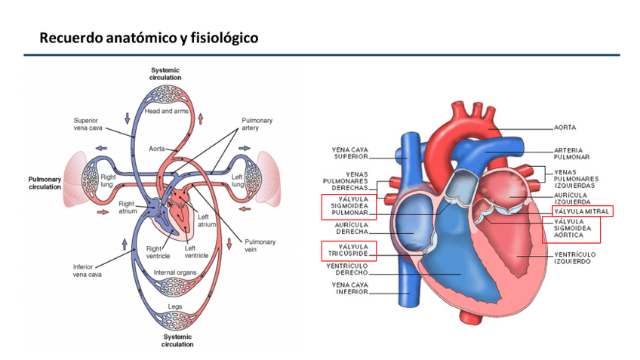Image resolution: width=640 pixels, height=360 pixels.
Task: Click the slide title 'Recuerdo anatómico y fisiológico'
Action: tap(149, 37)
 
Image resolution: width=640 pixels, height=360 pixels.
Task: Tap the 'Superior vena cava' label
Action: tap(89, 125)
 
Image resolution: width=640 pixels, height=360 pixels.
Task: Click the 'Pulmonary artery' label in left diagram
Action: tap(257, 125)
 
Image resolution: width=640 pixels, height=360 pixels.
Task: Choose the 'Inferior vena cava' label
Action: tap(88, 270)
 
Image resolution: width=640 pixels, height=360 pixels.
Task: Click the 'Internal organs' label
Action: tap(175, 272)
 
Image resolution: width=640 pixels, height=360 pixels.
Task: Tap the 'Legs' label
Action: tap(175, 307)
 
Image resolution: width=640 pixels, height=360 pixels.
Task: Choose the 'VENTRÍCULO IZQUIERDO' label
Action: tap(576, 258)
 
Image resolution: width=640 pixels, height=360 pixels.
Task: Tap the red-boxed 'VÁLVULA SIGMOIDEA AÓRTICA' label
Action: tap(571, 229)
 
